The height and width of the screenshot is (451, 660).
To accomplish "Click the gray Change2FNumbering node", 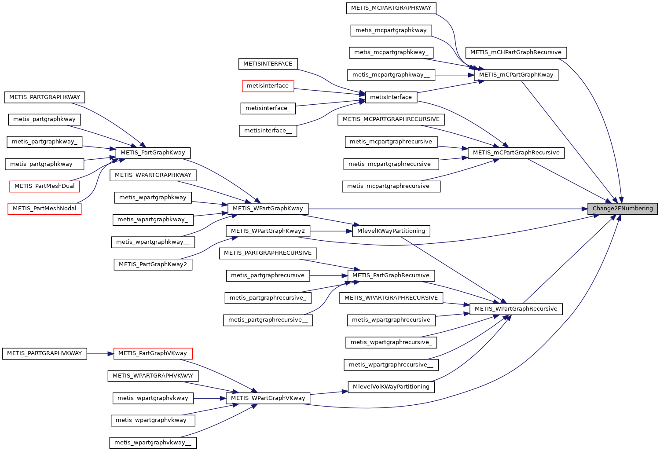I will coord(623,209).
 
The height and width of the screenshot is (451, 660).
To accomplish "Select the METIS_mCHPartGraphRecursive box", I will coord(516,52).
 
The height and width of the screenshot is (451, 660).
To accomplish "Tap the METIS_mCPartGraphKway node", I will coord(516,75).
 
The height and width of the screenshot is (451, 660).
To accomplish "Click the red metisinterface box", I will coord(268,86).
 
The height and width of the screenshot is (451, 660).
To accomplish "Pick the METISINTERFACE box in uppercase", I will coord(268,64).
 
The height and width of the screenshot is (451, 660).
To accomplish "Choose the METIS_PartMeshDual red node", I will coord(44,186).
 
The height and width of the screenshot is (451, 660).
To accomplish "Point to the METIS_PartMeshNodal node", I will coord(44,209).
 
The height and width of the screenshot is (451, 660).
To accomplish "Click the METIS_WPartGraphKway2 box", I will coord(268,231).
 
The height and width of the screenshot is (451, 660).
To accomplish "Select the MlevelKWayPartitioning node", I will coord(391,231).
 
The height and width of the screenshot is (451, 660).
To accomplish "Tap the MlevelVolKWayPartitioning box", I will coord(391,387).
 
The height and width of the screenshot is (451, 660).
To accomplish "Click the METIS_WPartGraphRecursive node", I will coord(516,309).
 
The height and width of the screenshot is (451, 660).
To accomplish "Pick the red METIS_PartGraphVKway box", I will coord(153,353).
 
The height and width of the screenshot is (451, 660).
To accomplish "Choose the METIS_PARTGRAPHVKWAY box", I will coord(44,353).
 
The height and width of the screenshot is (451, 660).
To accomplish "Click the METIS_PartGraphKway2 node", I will coord(153,264).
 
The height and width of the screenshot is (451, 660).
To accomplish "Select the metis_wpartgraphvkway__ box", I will coord(153,443).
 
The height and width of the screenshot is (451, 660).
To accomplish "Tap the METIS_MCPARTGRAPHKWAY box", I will coord(391,8).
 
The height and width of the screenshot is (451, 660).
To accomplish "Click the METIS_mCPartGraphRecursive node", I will coord(516,153).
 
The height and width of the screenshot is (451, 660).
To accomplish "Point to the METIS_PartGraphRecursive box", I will coord(391,275).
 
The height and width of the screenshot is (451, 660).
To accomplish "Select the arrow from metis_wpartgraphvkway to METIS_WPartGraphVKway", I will coord(209,398).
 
